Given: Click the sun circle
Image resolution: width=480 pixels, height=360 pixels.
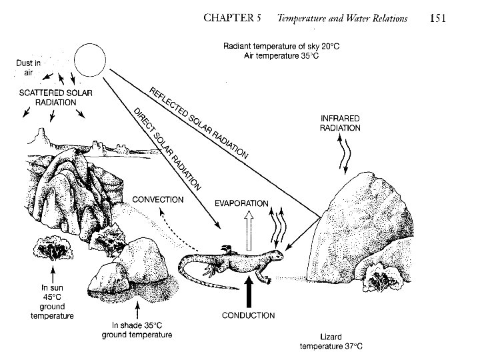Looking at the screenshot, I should [x=91, y=59].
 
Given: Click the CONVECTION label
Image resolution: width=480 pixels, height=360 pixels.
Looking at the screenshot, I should [x=158, y=199].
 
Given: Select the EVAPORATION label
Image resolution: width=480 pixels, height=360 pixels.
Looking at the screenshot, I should [x=242, y=203].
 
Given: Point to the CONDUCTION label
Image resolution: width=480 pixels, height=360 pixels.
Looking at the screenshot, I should [x=247, y=315].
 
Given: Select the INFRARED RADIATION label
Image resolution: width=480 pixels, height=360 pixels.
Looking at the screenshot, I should [x=341, y=123].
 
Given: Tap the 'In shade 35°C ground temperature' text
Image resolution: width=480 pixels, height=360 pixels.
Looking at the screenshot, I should [x=137, y=330].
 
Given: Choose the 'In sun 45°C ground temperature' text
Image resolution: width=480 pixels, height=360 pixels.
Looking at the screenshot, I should [x=51, y=302].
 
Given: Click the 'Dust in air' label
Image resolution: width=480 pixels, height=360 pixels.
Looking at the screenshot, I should [x=29, y=68].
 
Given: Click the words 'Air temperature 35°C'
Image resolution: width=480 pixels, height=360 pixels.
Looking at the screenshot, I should [x=271, y=56].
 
